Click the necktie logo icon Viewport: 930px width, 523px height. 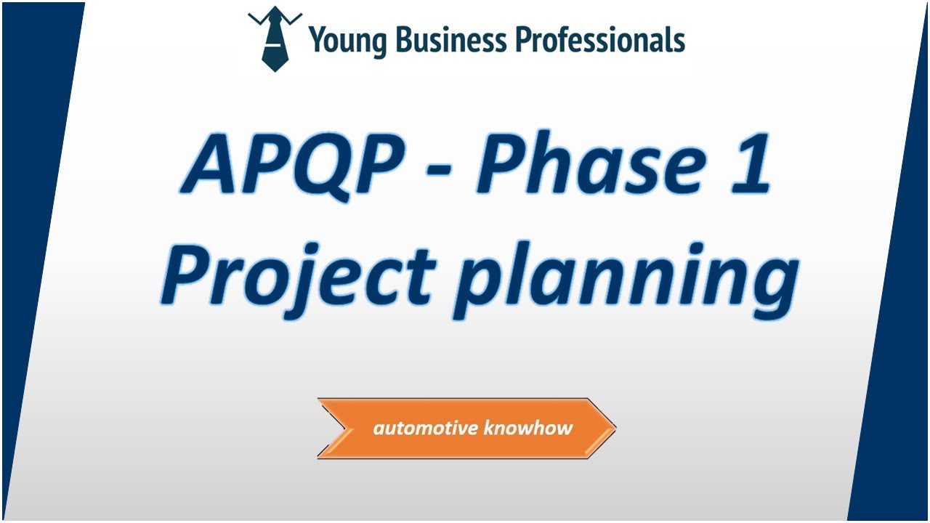tap(274, 40)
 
